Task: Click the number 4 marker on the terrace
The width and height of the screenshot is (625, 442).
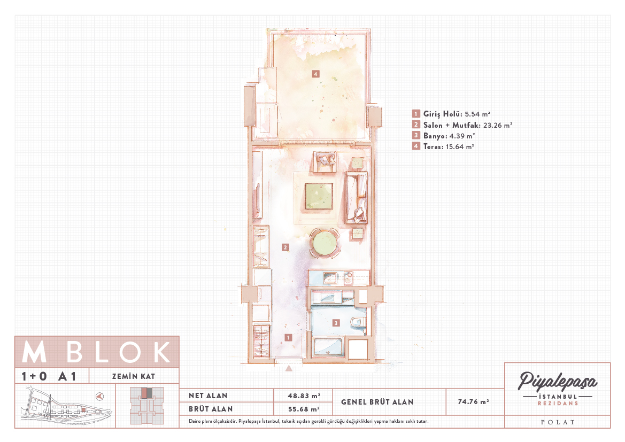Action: click(x=315, y=74)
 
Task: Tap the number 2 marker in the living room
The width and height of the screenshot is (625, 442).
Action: click(x=285, y=247)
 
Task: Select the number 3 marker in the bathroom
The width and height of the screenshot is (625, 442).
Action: click(x=336, y=323)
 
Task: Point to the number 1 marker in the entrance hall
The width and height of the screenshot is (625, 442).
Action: click(x=288, y=338)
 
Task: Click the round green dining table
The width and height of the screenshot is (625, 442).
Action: click(x=325, y=243)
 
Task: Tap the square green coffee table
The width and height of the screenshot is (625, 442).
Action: click(x=319, y=196)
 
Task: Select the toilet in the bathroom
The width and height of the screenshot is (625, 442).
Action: click(x=359, y=322)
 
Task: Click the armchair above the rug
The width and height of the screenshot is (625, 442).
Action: click(x=325, y=161)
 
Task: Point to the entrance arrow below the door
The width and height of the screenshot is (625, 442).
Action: click(x=289, y=368)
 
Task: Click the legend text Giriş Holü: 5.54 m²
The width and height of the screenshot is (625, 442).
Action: click(x=457, y=114)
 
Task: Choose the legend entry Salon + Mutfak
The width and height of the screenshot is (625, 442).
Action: click(x=452, y=125)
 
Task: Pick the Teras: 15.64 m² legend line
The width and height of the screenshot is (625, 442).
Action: click(x=449, y=146)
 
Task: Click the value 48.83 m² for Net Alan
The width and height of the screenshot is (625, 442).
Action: click(x=304, y=396)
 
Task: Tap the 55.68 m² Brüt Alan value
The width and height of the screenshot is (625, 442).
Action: click(x=304, y=409)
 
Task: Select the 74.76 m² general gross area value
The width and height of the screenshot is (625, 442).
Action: click(x=474, y=402)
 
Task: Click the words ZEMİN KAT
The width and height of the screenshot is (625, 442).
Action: click(x=134, y=376)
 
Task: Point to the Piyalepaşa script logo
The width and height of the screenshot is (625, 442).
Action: click(x=557, y=382)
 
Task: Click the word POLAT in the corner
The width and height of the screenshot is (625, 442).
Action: click(x=558, y=422)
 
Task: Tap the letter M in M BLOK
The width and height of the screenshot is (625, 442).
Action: click(x=34, y=352)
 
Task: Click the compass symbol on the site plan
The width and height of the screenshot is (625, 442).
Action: click(x=100, y=396)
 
